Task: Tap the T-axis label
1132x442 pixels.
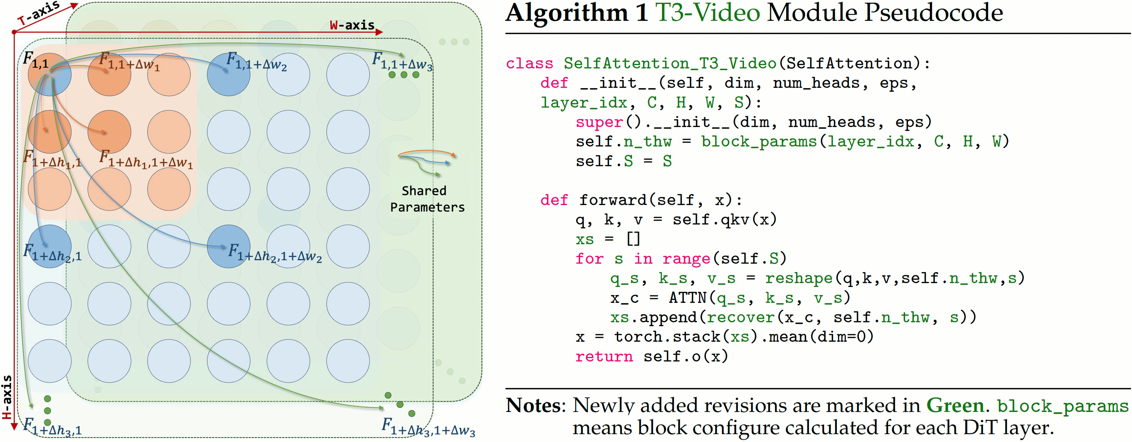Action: pos(39,13)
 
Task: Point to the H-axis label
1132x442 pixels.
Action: pos(7,397)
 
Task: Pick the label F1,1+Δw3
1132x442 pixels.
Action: pos(402,62)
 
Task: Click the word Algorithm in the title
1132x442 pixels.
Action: pos(567,13)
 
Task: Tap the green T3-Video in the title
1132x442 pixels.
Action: pos(708,13)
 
